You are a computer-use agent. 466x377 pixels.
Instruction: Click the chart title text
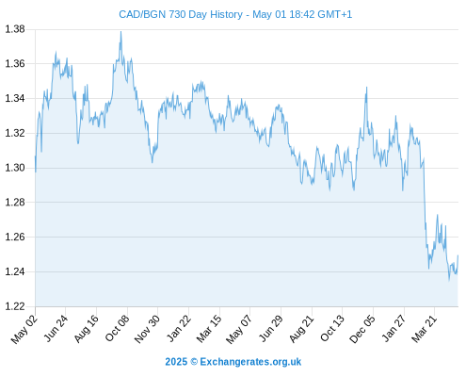coord(235,14)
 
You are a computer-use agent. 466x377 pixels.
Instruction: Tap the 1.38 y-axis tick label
coord(15,29)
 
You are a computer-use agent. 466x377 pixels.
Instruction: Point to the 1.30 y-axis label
coord(15,168)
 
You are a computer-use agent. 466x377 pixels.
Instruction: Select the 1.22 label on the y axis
coord(15,306)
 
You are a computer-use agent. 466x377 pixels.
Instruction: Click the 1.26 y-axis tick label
coord(15,237)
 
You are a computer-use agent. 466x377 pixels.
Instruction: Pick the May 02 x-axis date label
coord(24,329)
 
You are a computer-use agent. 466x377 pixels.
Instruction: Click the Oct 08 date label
coord(117,328)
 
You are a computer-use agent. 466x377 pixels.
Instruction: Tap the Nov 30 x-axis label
coord(147,329)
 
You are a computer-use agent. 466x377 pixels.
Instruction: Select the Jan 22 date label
coord(178,328)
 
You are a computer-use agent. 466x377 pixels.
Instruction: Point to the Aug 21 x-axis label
coord(301,329)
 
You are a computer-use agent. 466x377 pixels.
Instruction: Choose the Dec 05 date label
coord(362,329)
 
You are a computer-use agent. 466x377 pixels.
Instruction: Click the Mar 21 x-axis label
coord(425,328)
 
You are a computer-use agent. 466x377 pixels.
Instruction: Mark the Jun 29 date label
coord(270,328)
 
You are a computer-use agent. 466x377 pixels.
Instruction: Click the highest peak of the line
coord(121,31)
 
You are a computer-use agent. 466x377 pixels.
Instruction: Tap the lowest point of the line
coord(449,280)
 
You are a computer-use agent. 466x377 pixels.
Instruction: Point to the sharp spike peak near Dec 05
coord(366,88)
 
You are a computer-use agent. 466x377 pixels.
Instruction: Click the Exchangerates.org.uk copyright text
coord(250,362)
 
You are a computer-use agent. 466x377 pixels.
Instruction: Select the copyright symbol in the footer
coord(194,362)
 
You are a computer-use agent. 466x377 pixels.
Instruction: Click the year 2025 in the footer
coord(176,362)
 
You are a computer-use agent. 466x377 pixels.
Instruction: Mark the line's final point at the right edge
coord(458,255)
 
